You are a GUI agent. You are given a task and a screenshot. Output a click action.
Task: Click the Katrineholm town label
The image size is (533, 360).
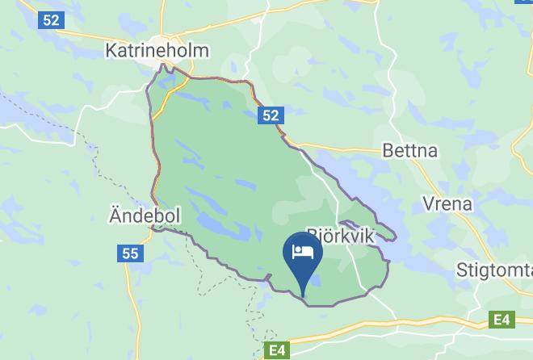coord(157,50)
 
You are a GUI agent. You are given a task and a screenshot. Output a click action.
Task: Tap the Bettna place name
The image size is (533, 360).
coord(409,151)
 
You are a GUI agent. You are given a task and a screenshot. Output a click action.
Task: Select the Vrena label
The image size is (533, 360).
coord(446,203)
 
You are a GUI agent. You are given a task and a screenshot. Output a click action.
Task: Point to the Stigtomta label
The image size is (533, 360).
coord(493,269)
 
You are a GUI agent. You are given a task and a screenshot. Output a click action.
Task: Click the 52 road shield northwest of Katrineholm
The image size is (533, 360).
coord(52,20)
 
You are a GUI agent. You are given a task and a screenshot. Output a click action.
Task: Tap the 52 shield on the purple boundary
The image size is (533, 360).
coord(271,117)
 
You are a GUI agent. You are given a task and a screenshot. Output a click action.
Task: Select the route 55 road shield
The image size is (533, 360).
coord(130,253)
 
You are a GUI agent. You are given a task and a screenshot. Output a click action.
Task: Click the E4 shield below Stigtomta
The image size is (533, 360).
coord(502,320)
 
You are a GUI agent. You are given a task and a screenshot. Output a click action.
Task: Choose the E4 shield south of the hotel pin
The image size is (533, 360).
coord(276,350)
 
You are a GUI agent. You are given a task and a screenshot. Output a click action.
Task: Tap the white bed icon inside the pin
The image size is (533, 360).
coord(303,251)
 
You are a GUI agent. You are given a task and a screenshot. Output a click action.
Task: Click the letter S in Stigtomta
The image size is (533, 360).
coord(461,269)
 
